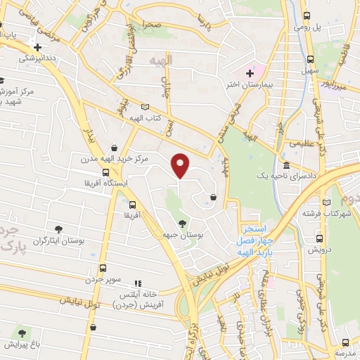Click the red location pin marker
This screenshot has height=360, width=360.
[x=181, y=165]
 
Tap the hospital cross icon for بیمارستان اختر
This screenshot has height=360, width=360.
[x=250, y=72]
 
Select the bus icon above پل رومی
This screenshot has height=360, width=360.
[x=307, y=15]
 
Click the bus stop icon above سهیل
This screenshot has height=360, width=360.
[x=311, y=59]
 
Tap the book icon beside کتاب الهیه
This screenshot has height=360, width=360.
[x=145, y=106]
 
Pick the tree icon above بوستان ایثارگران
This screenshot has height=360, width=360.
[x=59, y=229]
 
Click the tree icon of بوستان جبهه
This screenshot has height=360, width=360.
[x=182, y=223]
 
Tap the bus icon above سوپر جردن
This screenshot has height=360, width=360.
[x=103, y=268]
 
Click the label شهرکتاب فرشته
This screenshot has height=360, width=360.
[x=327, y=213]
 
